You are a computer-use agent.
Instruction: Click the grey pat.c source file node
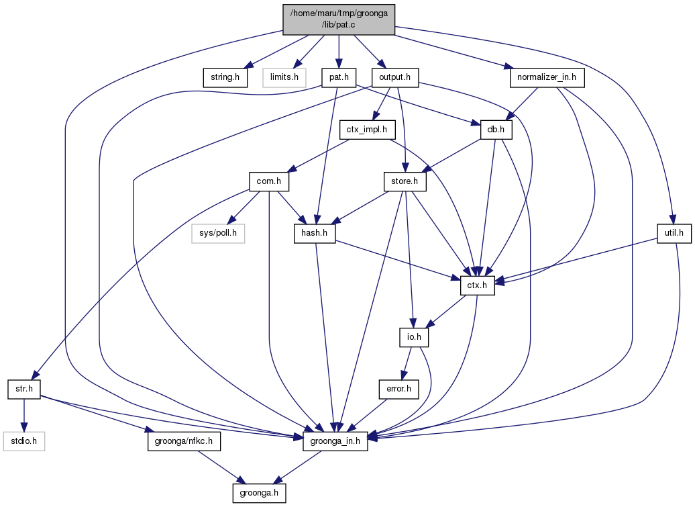[339, 18]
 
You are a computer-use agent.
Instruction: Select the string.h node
[225, 77]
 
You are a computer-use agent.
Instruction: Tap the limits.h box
[284, 77]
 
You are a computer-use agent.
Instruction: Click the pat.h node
[337, 77]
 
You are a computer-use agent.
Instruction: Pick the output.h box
[394, 77]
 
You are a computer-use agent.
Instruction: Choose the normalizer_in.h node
[547, 77]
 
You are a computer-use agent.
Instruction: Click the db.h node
[497, 129]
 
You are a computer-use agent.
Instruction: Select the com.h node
[268, 181]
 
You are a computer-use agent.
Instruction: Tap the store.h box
[405, 181]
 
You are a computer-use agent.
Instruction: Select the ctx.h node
[477, 285]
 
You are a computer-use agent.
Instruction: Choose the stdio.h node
[24, 441]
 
